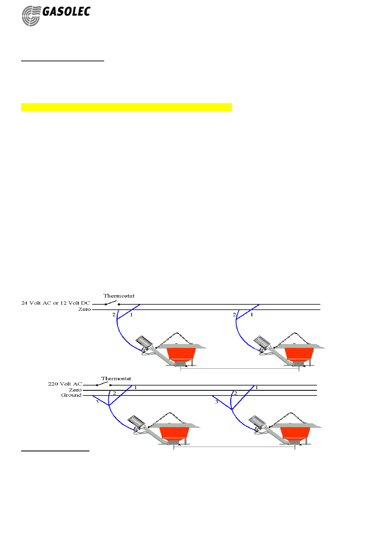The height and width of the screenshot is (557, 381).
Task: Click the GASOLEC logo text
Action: click(66, 12)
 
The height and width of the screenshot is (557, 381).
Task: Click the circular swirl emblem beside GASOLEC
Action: click(31, 16)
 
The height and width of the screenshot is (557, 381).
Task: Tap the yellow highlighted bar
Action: click(126, 107)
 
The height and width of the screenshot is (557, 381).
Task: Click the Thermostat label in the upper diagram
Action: click(119, 296)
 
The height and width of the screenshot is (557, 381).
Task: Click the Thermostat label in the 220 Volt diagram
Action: click(116, 379)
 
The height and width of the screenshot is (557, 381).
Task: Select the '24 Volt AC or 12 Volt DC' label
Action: click(56, 303)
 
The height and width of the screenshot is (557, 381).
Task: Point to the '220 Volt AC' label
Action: click(65, 384)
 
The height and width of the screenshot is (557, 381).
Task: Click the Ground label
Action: click(71, 396)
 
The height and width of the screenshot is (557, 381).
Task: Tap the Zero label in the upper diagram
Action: click(84, 310)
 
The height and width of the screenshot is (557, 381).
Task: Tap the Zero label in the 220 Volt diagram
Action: click(75, 390)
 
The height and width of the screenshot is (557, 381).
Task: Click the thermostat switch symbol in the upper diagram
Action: click(112, 303)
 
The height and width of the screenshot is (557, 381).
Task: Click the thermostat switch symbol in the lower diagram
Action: click(103, 384)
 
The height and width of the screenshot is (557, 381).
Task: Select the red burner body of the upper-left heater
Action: click(181, 353)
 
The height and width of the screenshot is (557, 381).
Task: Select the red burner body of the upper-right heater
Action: click(299, 353)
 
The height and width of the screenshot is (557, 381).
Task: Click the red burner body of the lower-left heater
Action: click(174, 433)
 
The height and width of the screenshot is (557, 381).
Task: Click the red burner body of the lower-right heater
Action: click(295, 433)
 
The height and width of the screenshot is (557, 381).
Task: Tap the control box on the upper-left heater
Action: click(144, 342)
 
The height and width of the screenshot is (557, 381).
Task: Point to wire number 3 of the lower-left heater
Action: click(97, 402)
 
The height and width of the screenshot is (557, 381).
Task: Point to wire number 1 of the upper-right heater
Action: click(252, 315)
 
